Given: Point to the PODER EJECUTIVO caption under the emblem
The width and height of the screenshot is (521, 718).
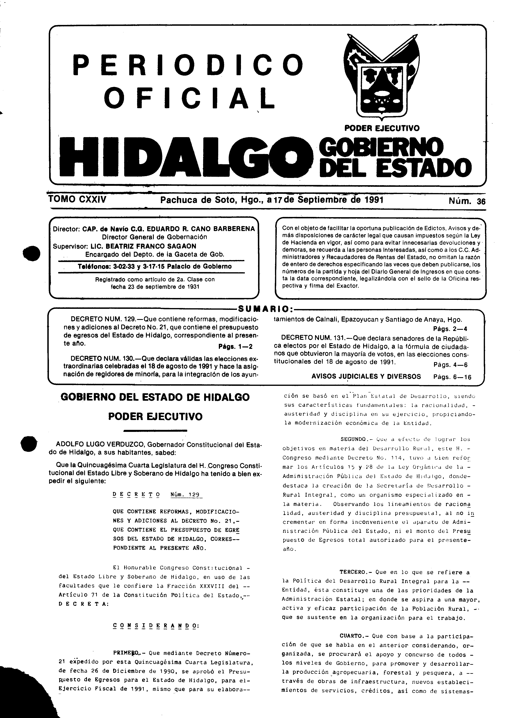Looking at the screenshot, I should click(382, 128).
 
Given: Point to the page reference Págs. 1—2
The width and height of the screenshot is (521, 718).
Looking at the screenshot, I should click(236, 347).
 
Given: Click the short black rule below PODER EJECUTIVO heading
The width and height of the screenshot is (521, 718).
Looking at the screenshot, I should click(155, 430).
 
